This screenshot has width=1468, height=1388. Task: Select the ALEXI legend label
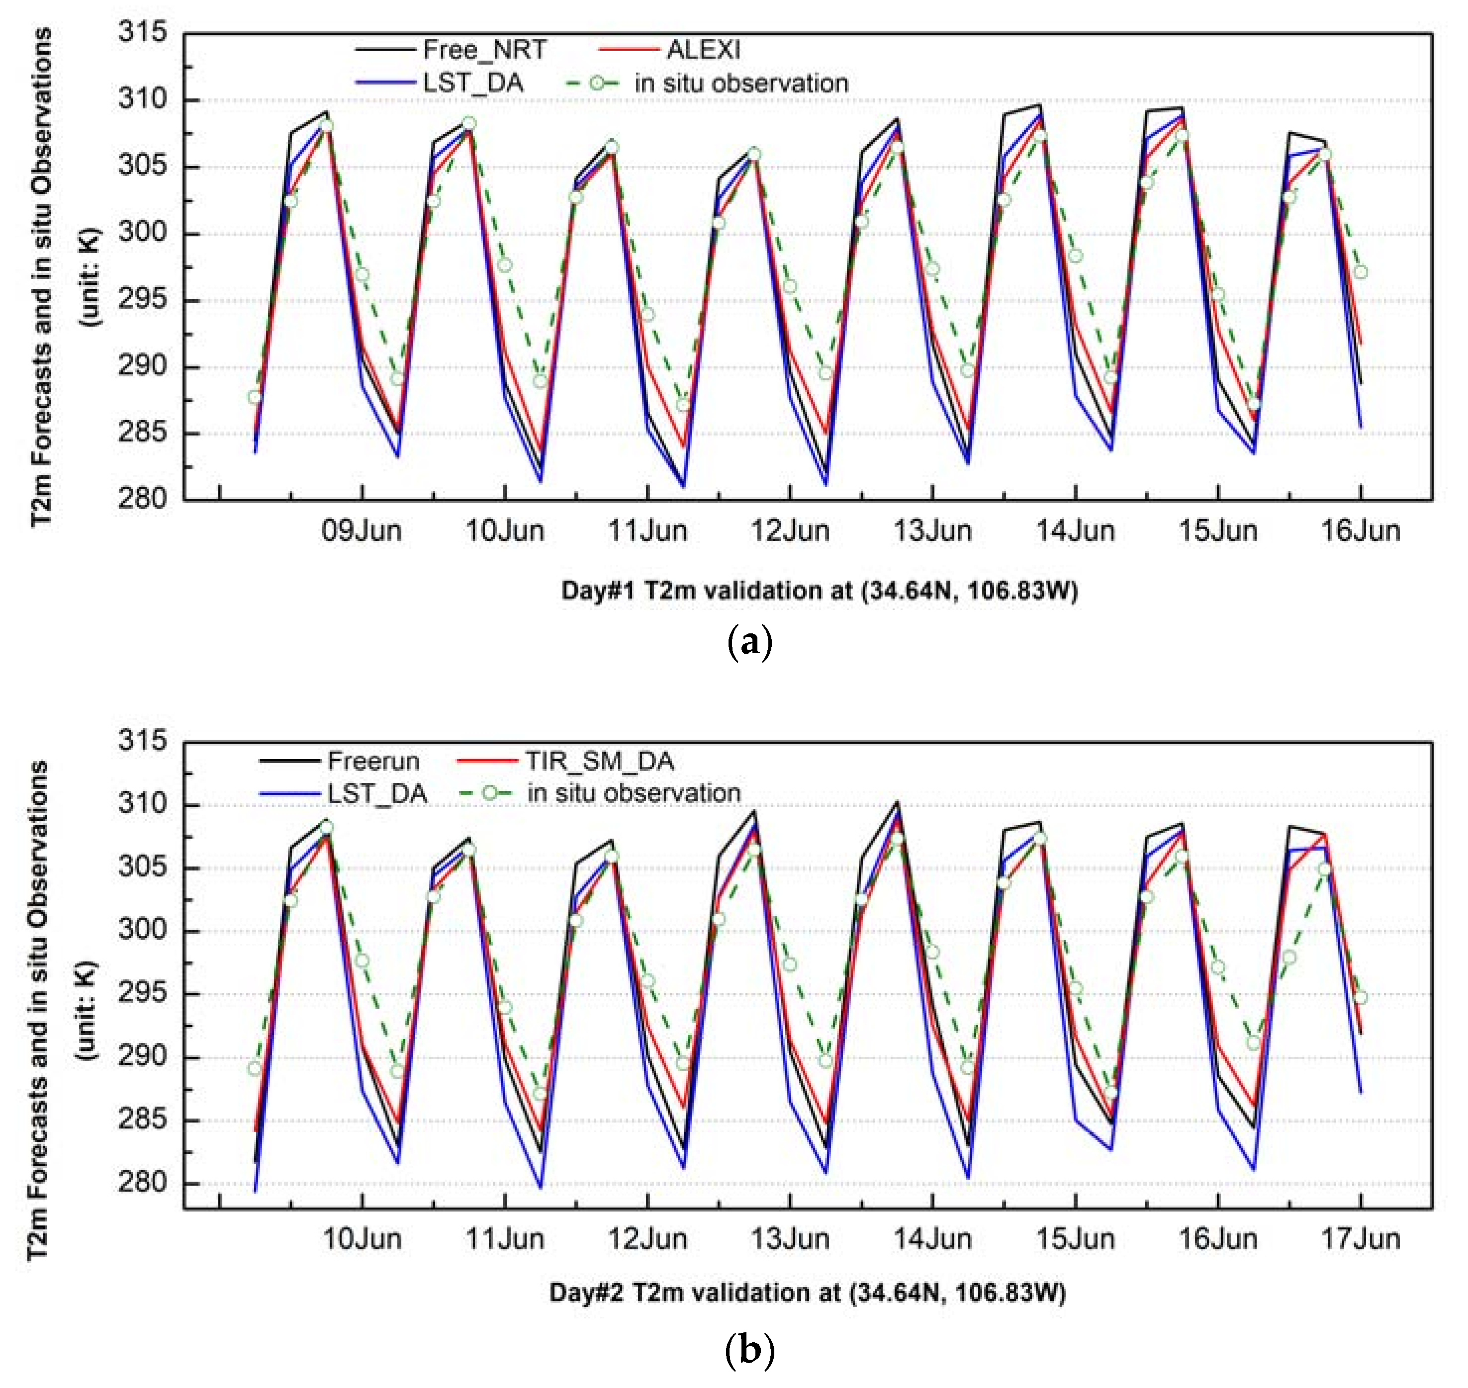click(x=703, y=50)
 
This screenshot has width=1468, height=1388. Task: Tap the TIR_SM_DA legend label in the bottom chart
click(x=599, y=761)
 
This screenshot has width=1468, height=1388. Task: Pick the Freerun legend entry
click(x=373, y=761)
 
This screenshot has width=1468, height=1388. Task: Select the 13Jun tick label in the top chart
click(x=932, y=531)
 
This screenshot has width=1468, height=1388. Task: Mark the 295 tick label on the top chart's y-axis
click(x=142, y=300)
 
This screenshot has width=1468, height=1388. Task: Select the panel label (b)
click(x=749, y=1351)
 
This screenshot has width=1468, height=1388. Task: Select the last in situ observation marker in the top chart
click(x=1360, y=272)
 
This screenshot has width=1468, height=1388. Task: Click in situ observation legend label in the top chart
click(x=740, y=83)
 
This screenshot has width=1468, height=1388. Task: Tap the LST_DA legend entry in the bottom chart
click(x=377, y=793)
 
